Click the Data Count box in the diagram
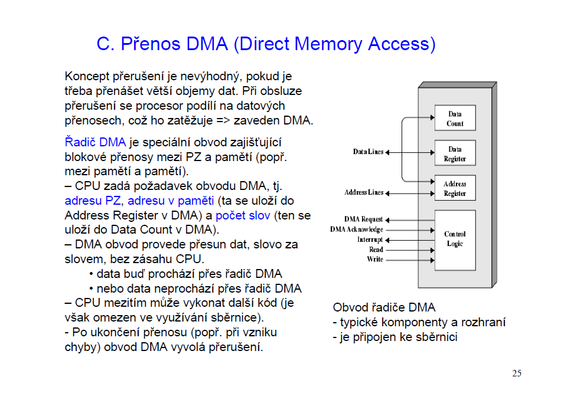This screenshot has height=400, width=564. pyautogui.click(x=455, y=119)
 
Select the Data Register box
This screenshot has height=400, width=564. pyautogui.click(x=455, y=154)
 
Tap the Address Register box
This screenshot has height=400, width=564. pyautogui.click(x=455, y=189)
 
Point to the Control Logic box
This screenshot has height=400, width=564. pyautogui.click(x=455, y=239)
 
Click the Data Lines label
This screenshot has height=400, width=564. pyautogui.click(x=368, y=152)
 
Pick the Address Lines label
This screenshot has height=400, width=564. pyautogui.click(x=364, y=192)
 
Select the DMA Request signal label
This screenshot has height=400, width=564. pyautogui.click(x=364, y=219)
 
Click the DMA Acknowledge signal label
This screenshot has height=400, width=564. pyautogui.click(x=357, y=229)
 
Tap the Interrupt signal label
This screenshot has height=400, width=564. pyautogui.click(x=370, y=240)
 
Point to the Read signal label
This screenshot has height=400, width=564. pyautogui.click(x=376, y=250)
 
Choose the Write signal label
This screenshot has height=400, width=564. pyautogui.click(x=375, y=260)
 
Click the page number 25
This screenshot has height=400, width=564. pyautogui.click(x=517, y=373)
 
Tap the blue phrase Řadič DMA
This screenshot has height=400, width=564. pyautogui.click(x=95, y=142)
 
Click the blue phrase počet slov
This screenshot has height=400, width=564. pyautogui.click(x=243, y=215)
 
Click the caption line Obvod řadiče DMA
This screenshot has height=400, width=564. pyautogui.click(x=384, y=307)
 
